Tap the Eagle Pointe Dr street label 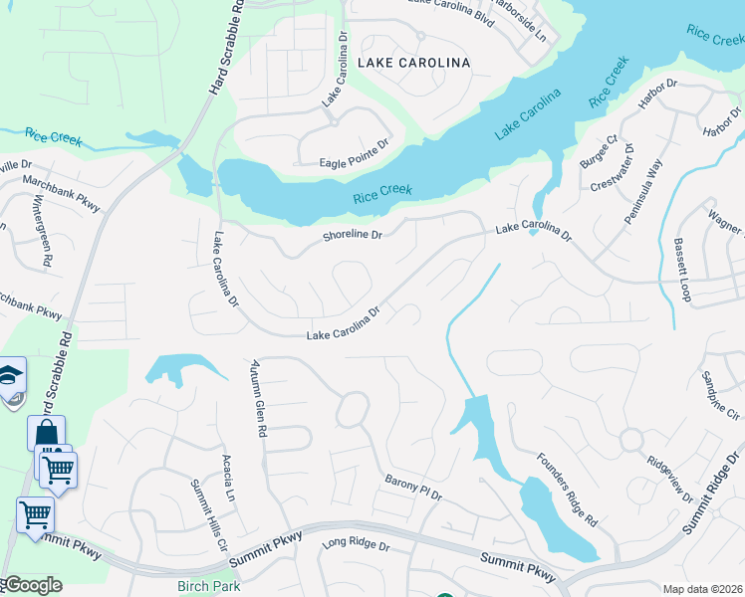(354, 162)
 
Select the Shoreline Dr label (353, 236)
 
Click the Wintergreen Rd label (43, 240)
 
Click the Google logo (32, 585)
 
